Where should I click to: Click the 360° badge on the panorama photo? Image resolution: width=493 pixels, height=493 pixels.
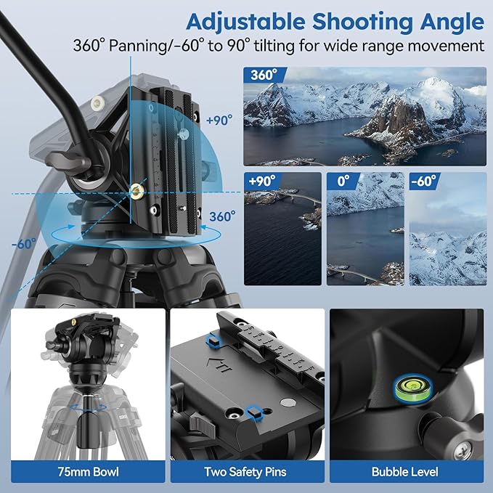pyautogui.click(x=262, y=76)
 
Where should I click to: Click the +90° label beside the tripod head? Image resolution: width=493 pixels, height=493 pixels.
pyautogui.click(x=219, y=121)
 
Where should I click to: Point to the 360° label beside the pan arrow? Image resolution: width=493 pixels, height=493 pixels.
pyautogui.click(x=223, y=216)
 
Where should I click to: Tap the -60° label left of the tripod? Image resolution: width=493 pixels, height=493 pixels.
pyautogui.click(x=23, y=244)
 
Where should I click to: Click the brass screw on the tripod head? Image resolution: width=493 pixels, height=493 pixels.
pyautogui.click(x=136, y=190)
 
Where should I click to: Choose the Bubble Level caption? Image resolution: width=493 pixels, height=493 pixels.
pyautogui.click(x=405, y=472)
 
